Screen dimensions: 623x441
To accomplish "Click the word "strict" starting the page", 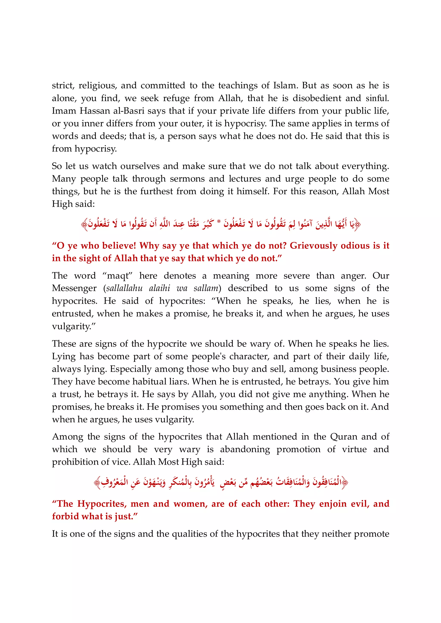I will pos(62,85).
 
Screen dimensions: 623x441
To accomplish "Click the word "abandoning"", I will pos(245,449).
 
